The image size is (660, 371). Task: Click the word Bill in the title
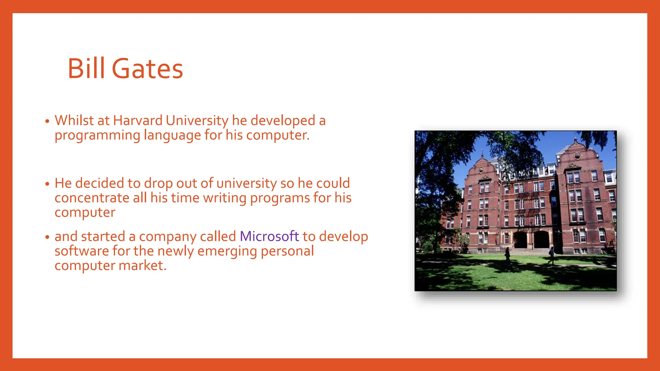click(86, 69)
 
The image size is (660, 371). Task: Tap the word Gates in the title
click(147, 69)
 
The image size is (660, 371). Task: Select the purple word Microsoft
click(269, 236)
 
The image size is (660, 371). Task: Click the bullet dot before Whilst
click(47, 121)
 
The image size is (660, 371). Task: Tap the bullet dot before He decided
click(47, 184)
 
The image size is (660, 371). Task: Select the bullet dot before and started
click(47, 237)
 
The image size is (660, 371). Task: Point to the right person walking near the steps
click(551, 255)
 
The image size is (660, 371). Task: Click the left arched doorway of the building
click(520, 240)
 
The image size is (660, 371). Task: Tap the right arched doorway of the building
click(541, 240)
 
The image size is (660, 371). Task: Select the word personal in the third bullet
click(287, 251)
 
